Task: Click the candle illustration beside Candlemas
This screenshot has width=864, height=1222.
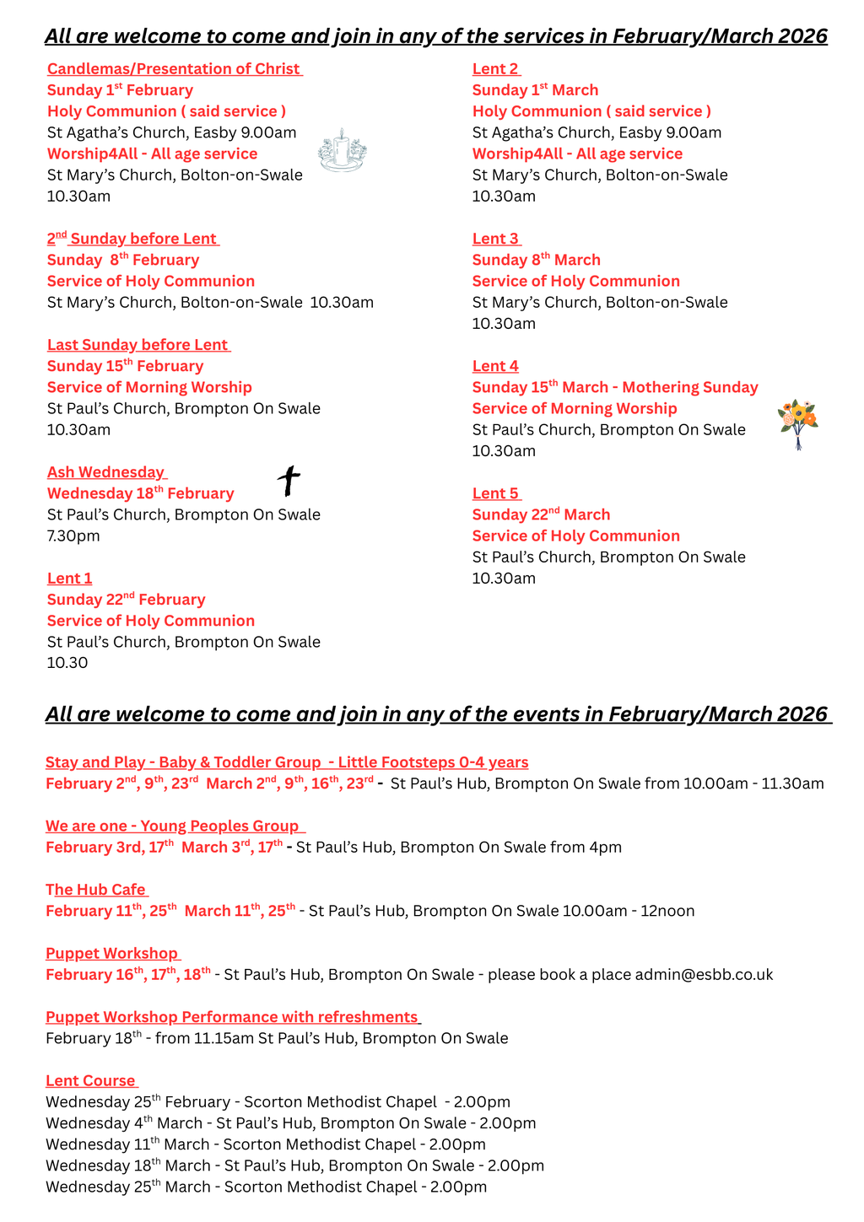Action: coord(342,151)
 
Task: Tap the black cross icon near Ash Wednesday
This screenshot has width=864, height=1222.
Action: coord(289,481)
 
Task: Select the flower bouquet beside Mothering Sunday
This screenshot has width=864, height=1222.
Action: coord(798,424)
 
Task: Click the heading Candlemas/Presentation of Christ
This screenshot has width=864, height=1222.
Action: coord(174,69)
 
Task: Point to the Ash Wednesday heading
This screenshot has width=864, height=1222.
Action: coord(106,472)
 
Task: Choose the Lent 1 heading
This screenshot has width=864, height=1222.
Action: coord(70,579)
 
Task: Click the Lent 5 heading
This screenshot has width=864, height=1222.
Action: coord(495,493)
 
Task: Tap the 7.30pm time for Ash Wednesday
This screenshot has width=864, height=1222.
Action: coord(73,536)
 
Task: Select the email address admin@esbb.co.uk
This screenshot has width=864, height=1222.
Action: coord(704,975)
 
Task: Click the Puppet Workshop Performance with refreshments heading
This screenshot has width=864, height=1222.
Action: coord(232,1017)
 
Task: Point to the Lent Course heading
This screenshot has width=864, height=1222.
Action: coord(91,1081)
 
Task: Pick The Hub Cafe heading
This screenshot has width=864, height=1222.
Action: coord(96,890)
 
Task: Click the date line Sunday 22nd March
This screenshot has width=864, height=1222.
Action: coord(541,514)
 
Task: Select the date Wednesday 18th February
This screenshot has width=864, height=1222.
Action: coord(141,493)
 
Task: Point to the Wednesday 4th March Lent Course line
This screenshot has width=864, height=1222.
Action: coord(290,1123)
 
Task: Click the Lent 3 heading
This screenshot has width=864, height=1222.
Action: coord(495,239)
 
